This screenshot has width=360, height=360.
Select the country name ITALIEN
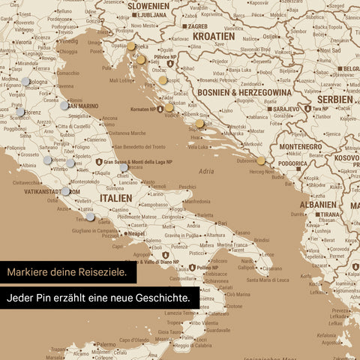[115, 198]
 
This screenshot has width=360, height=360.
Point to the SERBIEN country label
[334, 99]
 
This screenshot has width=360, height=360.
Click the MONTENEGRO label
[300, 147]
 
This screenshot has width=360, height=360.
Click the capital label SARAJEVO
[280, 109]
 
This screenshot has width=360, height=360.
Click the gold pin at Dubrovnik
[260, 160]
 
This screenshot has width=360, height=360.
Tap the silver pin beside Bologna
[25, 82]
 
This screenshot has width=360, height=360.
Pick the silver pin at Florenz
[19, 112]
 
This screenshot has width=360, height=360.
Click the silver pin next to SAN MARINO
[64, 106]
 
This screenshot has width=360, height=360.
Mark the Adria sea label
[205, 171]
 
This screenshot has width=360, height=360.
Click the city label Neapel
[136, 234]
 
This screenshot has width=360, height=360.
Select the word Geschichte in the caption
[160, 298]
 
